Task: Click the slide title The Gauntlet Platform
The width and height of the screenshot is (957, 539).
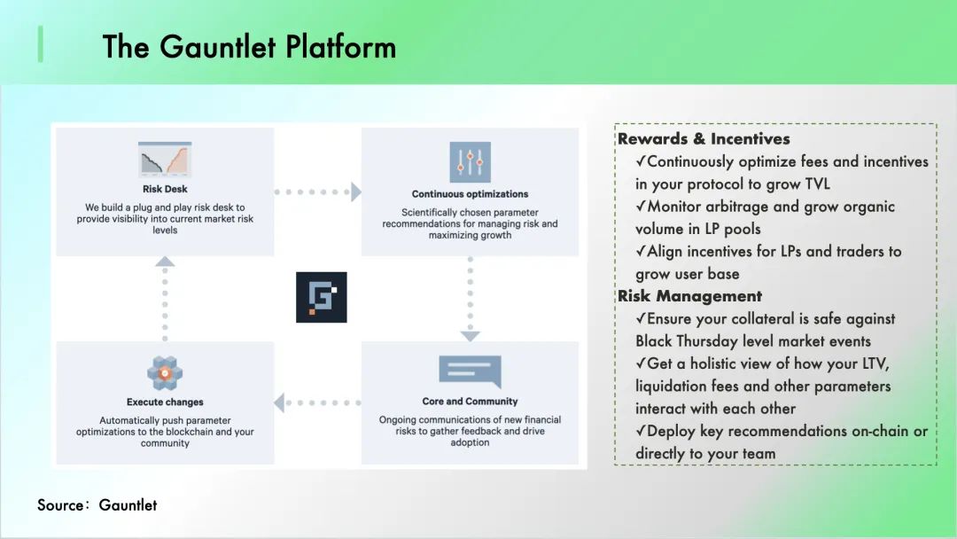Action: click(249, 46)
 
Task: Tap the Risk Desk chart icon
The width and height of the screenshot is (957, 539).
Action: click(165, 160)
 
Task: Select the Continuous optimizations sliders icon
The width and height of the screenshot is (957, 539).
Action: click(470, 162)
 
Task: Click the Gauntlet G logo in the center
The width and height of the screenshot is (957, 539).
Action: click(321, 297)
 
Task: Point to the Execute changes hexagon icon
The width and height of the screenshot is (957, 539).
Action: click(165, 373)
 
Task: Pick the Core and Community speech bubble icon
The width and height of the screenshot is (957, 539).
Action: click(470, 371)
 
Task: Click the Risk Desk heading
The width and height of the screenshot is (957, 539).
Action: click(165, 189)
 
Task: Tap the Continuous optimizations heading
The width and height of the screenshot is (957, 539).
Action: click(470, 194)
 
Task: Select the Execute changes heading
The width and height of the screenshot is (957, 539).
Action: click(165, 402)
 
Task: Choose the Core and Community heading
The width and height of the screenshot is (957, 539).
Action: click(470, 402)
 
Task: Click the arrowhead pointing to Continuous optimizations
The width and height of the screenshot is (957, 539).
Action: click(355, 191)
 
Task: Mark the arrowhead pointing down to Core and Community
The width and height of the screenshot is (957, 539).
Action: click(470, 336)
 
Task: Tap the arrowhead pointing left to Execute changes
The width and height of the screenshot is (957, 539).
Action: click(279, 403)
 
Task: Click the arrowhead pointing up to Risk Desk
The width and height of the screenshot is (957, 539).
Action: click(165, 262)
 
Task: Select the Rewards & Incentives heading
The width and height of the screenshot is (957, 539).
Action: click(704, 139)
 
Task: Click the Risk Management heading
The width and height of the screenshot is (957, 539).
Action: click(689, 296)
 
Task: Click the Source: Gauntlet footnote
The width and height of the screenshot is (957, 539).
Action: click(97, 505)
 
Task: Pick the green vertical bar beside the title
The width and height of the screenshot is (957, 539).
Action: click(40, 44)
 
